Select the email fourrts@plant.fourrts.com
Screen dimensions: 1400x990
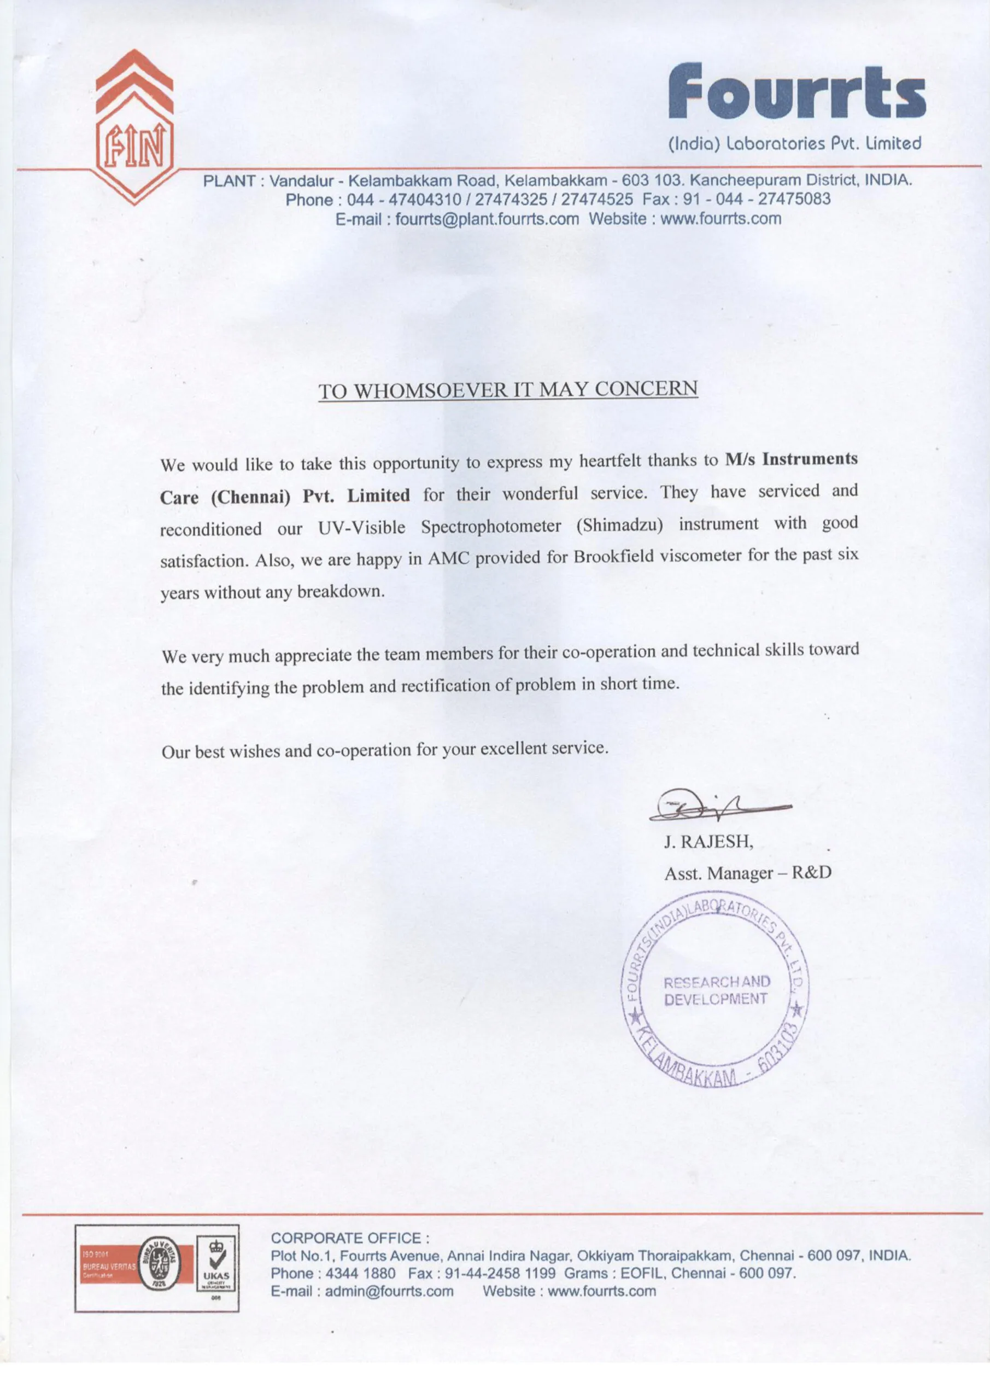(x=487, y=219)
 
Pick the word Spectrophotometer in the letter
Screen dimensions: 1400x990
(x=491, y=527)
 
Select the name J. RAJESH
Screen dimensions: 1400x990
(x=708, y=842)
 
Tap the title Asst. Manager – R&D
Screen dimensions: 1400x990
(x=747, y=873)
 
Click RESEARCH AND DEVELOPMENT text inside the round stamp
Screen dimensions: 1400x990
(x=716, y=990)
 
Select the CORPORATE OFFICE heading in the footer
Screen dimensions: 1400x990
(x=350, y=1238)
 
